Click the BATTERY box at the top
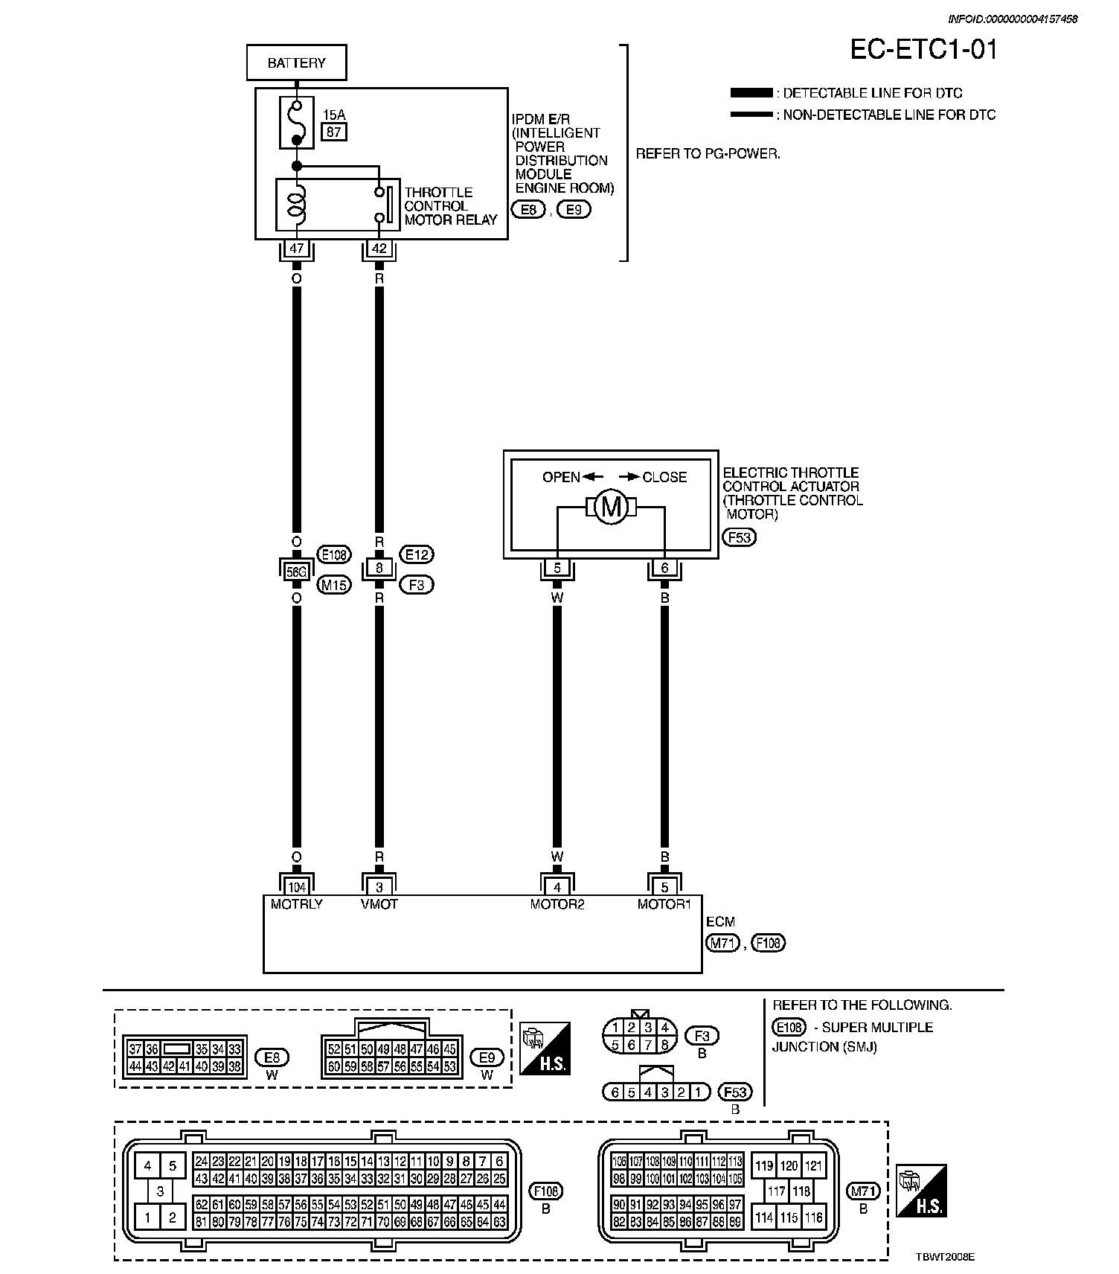coord(296,63)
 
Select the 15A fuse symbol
coord(296,122)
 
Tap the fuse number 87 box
coord(334,132)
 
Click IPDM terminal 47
coord(296,249)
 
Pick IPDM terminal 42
coord(379,249)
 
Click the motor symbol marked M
coord(612,508)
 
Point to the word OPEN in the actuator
coord(561,477)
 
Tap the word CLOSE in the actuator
coord(664,477)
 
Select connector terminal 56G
coord(296,572)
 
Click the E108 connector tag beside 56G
coord(333,554)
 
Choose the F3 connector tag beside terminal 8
coord(417,585)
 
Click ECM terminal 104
coord(296,887)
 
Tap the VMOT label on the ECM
coord(379,905)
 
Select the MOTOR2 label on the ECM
coord(557,905)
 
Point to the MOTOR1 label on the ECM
coord(664,905)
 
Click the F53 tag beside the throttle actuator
coord(739,537)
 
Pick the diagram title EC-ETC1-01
coord(923,50)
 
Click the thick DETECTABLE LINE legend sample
coord(751,93)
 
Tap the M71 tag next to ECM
coord(722,944)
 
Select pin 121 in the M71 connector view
coord(814,1166)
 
